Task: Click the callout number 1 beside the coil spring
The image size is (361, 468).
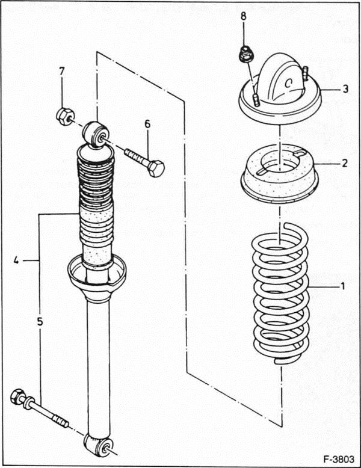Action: click(342, 286)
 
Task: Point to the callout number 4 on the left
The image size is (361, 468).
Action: click(16, 260)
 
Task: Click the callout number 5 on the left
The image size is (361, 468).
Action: click(40, 322)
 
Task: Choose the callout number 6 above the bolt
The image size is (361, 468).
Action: click(146, 124)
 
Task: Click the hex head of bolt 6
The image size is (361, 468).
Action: click(156, 169)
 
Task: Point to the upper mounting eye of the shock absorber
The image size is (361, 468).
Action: click(96, 132)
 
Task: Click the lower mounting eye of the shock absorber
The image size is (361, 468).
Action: click(97, 445)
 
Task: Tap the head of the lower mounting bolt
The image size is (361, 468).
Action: click(18, 397)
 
